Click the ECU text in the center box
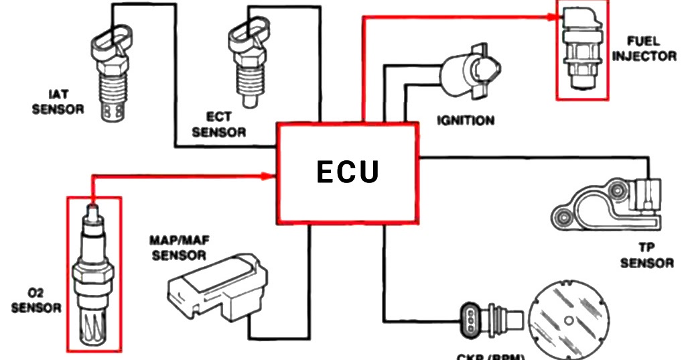(348, 172)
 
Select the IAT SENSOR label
(58, 103)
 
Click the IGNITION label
(466, 121)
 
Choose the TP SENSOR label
(646, 255)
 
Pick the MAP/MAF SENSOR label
(179, 247)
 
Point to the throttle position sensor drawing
(606, 206)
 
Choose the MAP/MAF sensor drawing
(222, 286)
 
